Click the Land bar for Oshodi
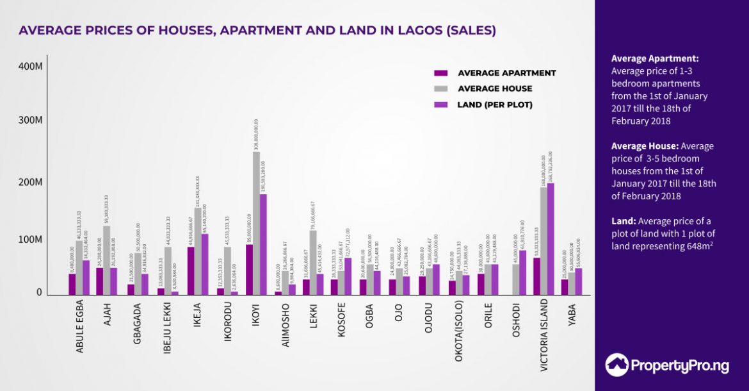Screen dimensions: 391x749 522,272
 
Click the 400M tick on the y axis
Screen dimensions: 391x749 30,66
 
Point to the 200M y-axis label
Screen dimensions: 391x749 30,183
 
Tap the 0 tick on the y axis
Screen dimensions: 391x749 39,292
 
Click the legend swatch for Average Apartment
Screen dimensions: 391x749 441,73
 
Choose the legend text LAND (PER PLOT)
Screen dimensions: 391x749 495,104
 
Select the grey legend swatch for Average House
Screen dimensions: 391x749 441,88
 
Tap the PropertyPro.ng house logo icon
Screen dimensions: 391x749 616,364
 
